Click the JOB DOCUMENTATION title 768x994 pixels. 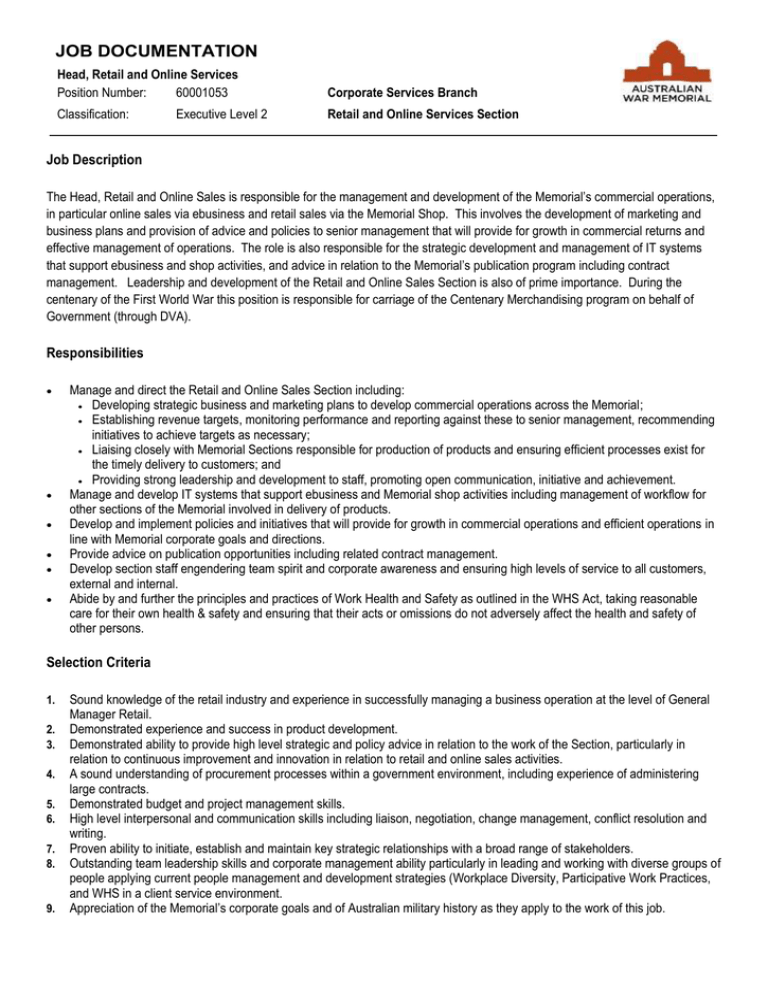pos(157,50)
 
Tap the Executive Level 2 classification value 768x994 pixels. pos(222,115)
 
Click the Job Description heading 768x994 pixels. pos(94,159)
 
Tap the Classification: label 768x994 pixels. pos(92,115)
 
